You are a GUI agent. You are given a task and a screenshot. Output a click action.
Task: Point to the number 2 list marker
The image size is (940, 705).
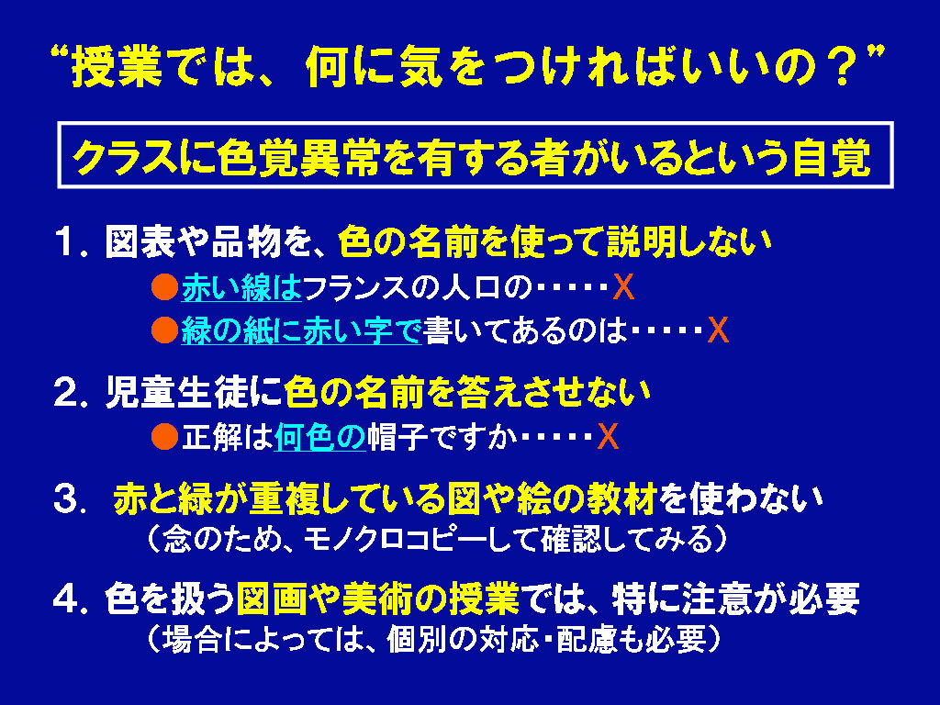point(66,392)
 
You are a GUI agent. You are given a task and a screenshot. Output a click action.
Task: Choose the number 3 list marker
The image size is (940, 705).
point(66,498)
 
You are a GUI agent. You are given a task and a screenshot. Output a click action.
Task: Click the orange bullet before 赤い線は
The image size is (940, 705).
point(164,287)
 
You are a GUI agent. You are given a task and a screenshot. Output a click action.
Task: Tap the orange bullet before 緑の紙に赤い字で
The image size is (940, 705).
point(164,330)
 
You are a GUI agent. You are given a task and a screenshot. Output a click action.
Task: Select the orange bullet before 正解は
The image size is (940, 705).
point(164,436)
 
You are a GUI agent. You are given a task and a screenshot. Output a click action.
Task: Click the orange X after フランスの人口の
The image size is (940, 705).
point(623,287)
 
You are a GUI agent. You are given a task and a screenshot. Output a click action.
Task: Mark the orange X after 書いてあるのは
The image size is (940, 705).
point(718,330)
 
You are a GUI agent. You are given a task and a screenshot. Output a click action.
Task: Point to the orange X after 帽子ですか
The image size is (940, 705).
point(608,436)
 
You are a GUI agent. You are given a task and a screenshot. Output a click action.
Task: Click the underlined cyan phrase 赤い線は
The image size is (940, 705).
point(241,287)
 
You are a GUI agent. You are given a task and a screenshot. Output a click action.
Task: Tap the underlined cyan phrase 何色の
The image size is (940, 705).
point(319,436)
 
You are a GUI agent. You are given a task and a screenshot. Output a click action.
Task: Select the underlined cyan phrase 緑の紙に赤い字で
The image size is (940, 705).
point(301,330)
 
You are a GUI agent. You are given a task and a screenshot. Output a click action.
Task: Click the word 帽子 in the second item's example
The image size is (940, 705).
point(397,436)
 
